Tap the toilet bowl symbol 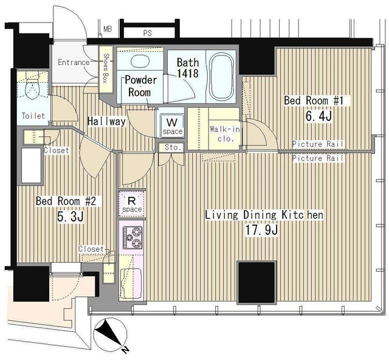click(x=32, y=89)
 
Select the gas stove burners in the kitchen click(x=133, y=237)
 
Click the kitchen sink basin click(x=131, y=284)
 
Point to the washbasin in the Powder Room click(x=139, y=60)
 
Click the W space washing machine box click(x=173, y=125)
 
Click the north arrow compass click(x=110, y=331)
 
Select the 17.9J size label click(x=262, y=230)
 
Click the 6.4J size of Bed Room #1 click(x=318, y=116)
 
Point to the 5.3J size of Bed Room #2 click(x=71, y=216)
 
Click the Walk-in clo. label click(x=224, y=134)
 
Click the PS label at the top click(x=147, y=33)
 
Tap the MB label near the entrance click(x=108, y=29)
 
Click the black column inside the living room click(x=256, y=282)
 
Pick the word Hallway click(x=106, y=121)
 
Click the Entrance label click(x=74, y=62)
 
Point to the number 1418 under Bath click(x=188, y=73)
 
